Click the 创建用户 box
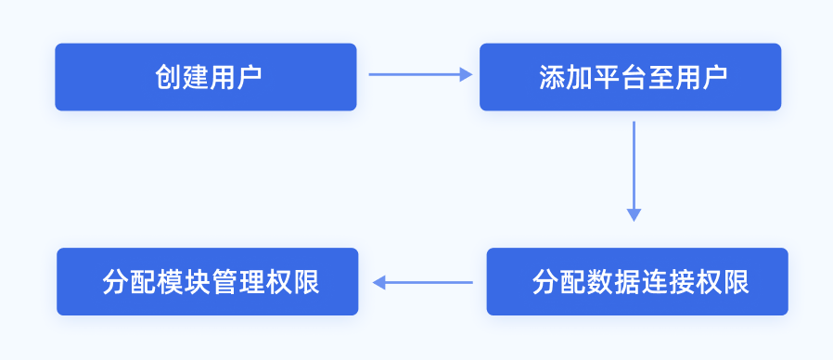click(x=205, y=77)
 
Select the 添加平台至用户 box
click(x=630, y=77)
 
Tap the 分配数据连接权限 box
click(x=637, y=281)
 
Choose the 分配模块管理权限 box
click(x=208, y=281)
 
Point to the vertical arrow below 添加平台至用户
click(x=634, y=167)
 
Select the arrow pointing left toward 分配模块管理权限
click(x=423, y=282)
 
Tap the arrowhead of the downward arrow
click(x=634, y=215)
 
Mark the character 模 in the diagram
click(x=170, y=282)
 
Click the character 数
click(x=598, y=282)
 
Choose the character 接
click(x=680, y=282)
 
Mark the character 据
click(x=626, y=282)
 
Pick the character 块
click(x=198, y=282)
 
